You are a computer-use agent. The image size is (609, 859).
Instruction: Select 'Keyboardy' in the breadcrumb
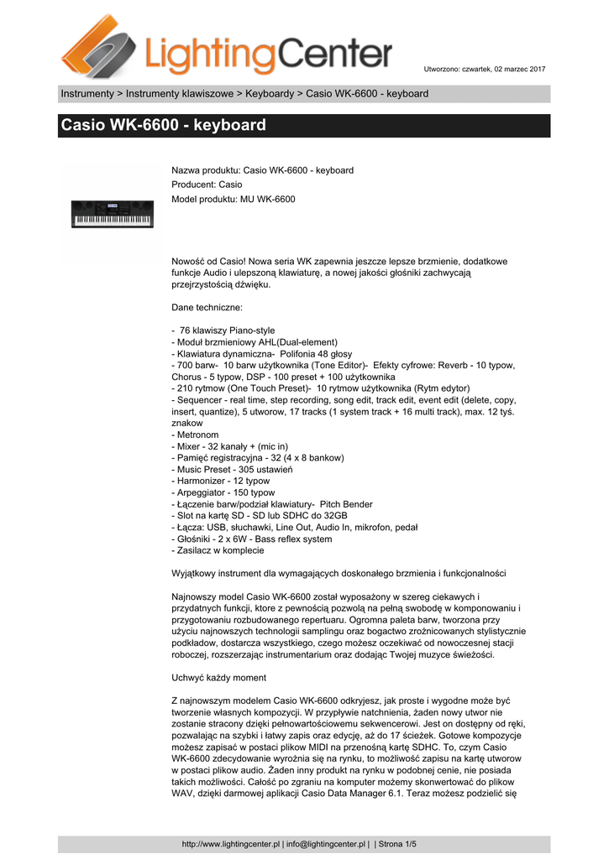269,93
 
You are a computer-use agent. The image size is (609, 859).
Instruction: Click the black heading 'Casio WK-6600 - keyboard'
163,126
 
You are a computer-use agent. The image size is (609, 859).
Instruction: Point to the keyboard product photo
113,215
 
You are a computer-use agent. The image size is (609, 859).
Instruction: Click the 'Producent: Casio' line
207,185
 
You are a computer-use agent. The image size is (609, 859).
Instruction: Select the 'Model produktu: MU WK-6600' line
234,199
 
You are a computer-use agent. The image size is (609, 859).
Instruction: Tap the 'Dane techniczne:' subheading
207,307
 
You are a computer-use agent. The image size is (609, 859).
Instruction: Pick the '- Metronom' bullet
195,435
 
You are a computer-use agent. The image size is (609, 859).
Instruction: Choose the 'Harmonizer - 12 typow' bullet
221,482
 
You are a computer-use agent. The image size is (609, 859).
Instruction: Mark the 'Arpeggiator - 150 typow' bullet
223,493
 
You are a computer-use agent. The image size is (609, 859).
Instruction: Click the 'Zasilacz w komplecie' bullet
218,550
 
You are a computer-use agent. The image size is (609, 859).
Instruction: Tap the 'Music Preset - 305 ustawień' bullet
232,470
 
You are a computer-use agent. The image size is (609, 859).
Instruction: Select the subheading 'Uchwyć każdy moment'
218,676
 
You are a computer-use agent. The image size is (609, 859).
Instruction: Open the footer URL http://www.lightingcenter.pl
230,844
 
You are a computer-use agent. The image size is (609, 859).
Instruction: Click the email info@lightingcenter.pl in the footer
326,844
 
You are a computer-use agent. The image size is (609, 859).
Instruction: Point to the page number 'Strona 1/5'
399,844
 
